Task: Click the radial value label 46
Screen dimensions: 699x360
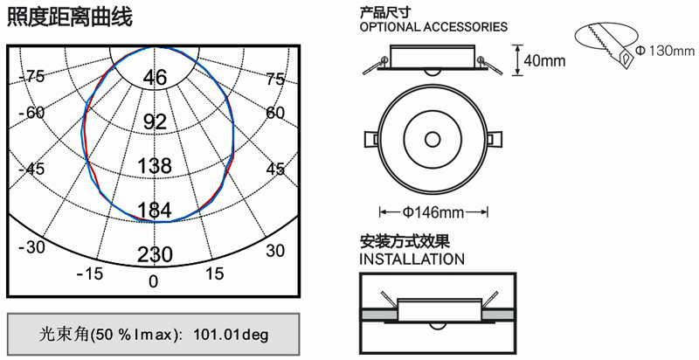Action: [155, 78]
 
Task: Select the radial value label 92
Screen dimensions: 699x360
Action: [155, 121]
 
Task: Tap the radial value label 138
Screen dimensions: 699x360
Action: [155, 166]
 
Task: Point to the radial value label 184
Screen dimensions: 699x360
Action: [155, 210]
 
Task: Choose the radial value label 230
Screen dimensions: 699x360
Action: [155, 255]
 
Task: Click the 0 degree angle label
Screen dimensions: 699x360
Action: [154, 281]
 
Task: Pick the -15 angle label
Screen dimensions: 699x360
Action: [90, 273]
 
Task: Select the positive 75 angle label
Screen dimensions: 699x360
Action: [275, 80]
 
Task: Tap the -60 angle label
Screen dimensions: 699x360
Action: [31, 112]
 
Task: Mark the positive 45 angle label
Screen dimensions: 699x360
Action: [275, 170]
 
